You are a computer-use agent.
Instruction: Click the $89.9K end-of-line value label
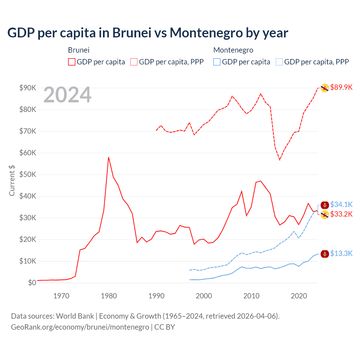[x=341, y=87]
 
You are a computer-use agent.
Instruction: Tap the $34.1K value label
[x=341, y=204]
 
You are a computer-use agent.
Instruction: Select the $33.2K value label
[x=341, y=214]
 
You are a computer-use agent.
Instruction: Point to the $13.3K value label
[x=341, y=254]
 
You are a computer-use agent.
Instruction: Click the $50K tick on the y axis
[x=28, y=175]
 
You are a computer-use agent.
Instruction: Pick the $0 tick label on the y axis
[x=32, y=283]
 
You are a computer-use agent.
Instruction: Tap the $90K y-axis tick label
[x=28, y=88]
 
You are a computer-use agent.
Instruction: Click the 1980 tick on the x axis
[x=109, y=296]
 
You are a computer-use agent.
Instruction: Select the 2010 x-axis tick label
[x=251, y=296]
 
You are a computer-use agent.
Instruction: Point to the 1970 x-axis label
[x=61, y=296]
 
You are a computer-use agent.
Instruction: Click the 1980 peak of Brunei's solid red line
[x=109, y=157]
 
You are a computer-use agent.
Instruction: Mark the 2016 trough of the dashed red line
[x=280, y=160]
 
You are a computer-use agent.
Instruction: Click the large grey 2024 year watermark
[x=67, y=95]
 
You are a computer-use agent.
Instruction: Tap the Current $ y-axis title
[x=12, y=181]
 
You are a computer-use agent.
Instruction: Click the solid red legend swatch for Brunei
[x=72, y=62]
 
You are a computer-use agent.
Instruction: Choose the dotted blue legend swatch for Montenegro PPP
[x=279, y=62]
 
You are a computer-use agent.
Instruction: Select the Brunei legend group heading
[x=79, y=50]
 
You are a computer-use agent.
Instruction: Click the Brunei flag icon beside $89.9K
[x=325, y=88]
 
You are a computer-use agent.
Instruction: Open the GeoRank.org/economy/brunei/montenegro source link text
[x=80, y=327]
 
